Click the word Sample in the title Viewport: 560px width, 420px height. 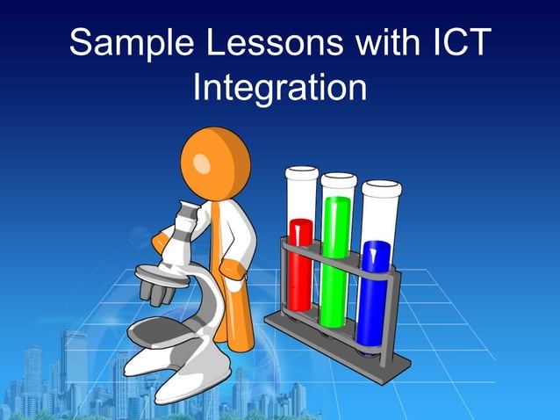(131, 44)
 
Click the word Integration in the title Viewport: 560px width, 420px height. (279, 88)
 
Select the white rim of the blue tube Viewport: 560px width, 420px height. (380, 186)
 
